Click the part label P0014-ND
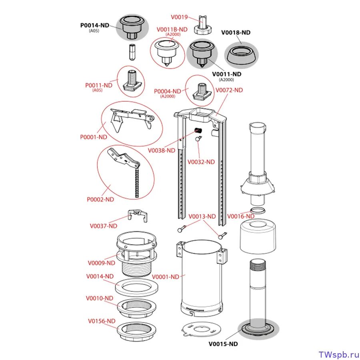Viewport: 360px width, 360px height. [94, 25]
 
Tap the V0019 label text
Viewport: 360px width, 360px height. [179, 17]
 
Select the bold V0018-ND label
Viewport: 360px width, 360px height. [236, 32]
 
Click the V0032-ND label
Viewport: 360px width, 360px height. [201, 162]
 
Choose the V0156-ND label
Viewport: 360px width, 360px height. [102, 321]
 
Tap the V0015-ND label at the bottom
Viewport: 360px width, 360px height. [223, 344]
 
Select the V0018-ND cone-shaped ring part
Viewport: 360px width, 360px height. [240, 55]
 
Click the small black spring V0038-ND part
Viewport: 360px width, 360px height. [198, 130]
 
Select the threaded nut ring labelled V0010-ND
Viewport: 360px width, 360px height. [135, 309]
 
